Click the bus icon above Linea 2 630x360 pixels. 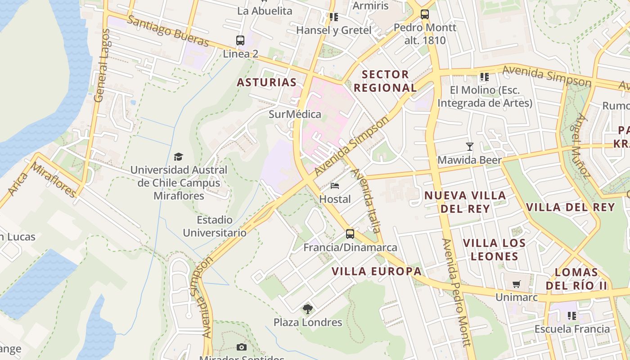point(240,40)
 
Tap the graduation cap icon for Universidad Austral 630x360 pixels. point(179,157)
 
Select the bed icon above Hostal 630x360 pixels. point(335,185)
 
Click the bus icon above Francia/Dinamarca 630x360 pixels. point(350,234)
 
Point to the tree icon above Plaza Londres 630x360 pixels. point(308,309)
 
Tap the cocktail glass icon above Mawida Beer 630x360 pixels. point(470,147)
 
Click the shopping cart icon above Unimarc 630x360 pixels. point(516,284)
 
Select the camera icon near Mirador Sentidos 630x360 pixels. point(242,347)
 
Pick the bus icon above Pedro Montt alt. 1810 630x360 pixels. point(425,14)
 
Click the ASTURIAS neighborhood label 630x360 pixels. point(267,82)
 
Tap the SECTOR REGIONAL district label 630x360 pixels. point(385,81)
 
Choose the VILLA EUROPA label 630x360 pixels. point(377,271)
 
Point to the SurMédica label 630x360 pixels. point(295,114)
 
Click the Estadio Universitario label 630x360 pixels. point(215,226)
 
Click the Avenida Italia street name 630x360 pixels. point(366,201)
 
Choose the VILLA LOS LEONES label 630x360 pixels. point(494,250)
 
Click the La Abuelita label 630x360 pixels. point(265,11)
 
